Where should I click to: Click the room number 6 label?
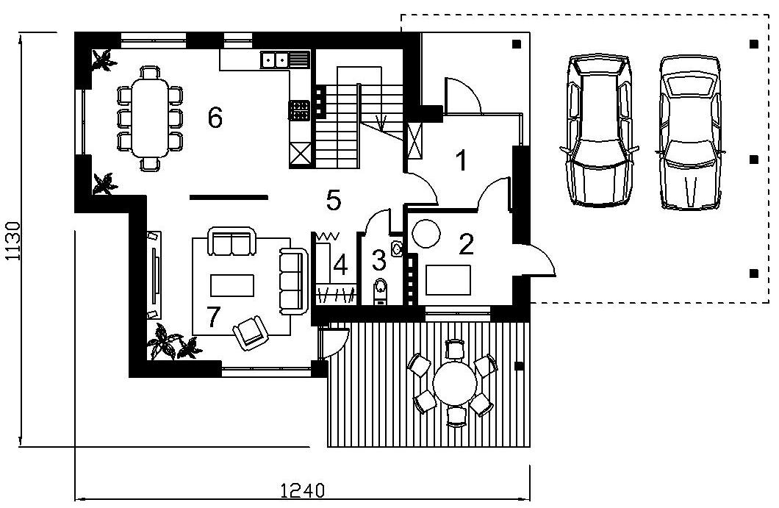point(215,118)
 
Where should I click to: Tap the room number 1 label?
point(462,160)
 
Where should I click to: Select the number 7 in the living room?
point(213,317)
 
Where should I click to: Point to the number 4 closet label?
point(340,265)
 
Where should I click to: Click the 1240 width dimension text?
point(303,490)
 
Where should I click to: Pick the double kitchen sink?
point(273,60)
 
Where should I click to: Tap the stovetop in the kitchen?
point(299,110)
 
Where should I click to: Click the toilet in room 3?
point(380,290)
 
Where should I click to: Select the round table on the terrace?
point(455,383)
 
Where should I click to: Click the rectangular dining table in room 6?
point(149,118)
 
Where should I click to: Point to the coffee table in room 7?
point(232,285)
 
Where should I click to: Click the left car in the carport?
point(599,130)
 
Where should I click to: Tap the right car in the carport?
point(689,132)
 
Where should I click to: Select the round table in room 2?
point(426,234)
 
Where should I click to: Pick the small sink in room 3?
point(397,248)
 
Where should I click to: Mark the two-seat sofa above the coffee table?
point(231,241)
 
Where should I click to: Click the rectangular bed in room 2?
point(448,280)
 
